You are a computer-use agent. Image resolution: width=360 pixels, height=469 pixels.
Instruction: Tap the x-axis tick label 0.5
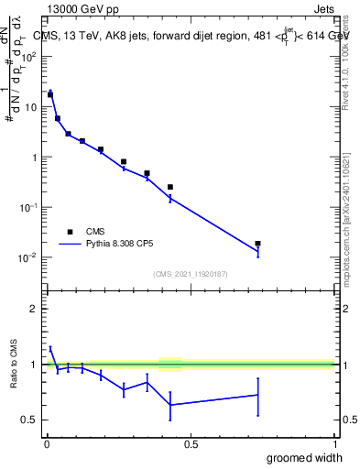coord(191,445)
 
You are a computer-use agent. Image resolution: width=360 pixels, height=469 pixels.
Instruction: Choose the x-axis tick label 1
coord(334,445)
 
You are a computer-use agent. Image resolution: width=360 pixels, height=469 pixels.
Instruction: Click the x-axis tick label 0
coord(46,445)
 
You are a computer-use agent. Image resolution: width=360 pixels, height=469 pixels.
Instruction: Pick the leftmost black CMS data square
coord(50,94)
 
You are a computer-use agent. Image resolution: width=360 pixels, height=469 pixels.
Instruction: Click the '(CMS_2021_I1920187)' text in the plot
coord(191,273)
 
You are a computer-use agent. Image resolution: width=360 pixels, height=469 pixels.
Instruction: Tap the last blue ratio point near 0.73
coord(258,395)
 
